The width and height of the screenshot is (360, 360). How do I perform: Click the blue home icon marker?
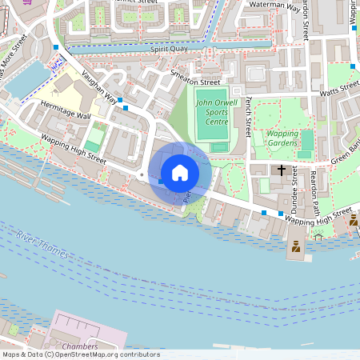(179, 172)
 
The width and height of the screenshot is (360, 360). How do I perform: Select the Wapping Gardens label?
(282, 138)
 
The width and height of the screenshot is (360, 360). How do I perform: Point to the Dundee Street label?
(294, 185)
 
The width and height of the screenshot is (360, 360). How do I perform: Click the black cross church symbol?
(282, 170)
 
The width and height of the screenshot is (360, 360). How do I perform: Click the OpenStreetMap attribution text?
(80, 354)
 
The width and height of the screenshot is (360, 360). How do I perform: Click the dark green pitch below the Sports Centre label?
(218, 146)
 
